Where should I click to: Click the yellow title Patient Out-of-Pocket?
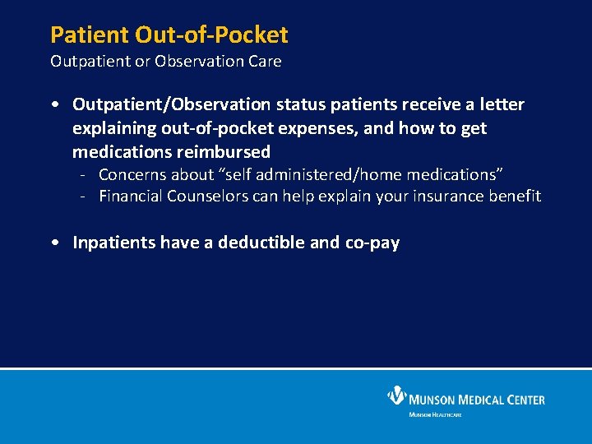169,35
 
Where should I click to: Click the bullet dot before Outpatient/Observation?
53,105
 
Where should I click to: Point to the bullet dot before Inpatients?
53,243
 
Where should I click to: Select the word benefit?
514,196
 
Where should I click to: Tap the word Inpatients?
115,243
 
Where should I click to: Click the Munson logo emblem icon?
398,396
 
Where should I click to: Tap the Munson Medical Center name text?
478,400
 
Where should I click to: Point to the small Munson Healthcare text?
435,414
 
